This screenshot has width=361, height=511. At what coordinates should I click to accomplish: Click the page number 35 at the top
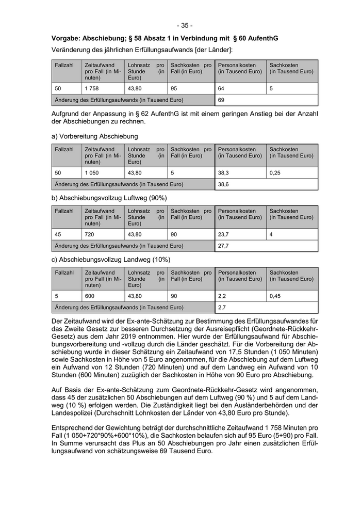(184, 25)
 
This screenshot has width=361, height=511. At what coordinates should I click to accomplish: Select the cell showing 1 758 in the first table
(91, 88)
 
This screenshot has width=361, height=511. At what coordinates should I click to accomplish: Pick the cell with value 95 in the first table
(174, 88)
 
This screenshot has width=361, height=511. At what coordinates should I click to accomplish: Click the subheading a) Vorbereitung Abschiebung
(94, 136)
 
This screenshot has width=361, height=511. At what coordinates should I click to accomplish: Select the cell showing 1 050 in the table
(91, 173)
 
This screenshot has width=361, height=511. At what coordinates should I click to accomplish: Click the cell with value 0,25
(275, 173)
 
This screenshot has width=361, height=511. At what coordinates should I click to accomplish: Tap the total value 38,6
(223, 184)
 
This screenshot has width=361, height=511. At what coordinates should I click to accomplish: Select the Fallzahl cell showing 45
(58, 234)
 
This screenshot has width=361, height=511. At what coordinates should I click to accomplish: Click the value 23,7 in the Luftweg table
(223, 234)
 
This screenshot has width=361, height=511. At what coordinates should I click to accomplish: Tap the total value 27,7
(223, 246)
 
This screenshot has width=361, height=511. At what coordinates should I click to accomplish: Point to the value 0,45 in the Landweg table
(275, 296)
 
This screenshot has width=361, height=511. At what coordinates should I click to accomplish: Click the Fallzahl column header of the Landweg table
(64, 273)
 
